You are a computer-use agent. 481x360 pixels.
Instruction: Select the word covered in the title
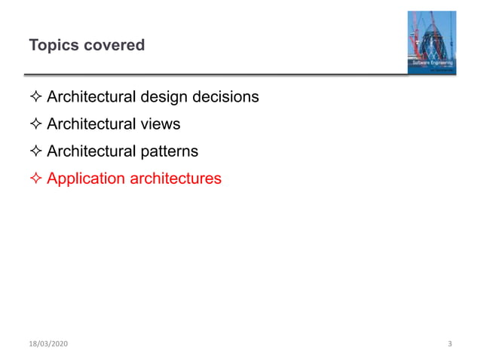pyautogui.click(x=115, y=45)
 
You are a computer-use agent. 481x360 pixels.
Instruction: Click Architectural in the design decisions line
pyautogui.click(x=92, y=97)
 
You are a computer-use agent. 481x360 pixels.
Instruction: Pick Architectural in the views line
pyautogui.click(x=92, y=124)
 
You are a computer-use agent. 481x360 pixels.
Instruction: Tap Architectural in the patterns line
pyautogui.click(x=92, y=151)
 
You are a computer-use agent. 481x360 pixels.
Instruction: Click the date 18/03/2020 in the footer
pyautogui.click(x=49, y=344)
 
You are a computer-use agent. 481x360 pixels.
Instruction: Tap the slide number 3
pyautogui.click(x=449, y=344)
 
